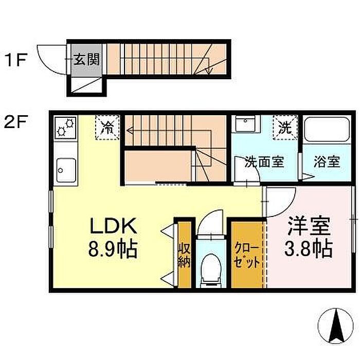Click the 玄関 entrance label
tap(86, 60)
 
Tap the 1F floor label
tap(16, 60)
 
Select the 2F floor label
tap(16, 122)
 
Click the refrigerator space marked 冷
tap(107, 128)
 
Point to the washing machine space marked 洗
tap(285, 128)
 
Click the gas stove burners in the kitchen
tap(66, 128)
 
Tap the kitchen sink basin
tap(66, 169)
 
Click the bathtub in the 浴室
tap(327, 129)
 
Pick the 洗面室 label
tap(264, 162)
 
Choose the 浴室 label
tap(327, 162)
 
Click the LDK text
tap(113, 226)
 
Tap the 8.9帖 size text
tap(113, 249)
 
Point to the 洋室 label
tap(309, 226)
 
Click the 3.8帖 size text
tap(309, 248)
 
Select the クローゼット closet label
tap(247, 257)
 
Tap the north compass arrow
tap(337, 326)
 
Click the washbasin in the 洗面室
tap(246, 124)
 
